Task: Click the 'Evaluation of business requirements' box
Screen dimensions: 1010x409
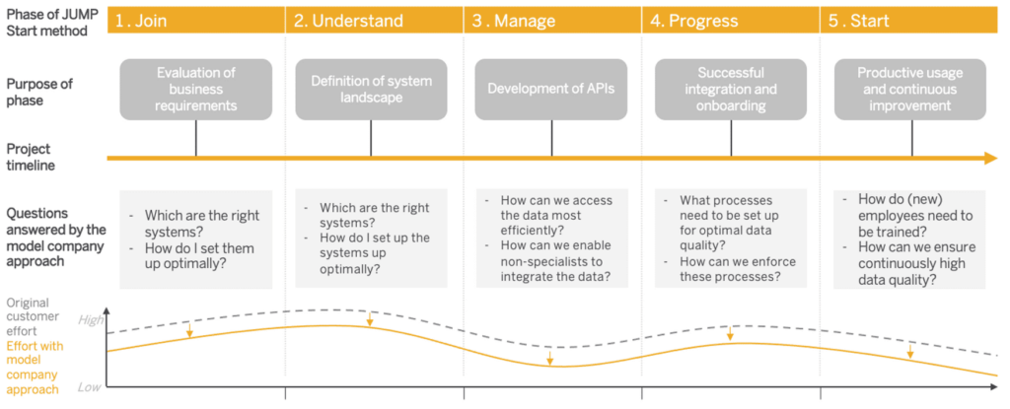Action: coord(196,90)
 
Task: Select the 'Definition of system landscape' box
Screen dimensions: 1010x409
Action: coord(371,90)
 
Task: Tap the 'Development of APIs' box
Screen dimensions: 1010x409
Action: coord(550,90)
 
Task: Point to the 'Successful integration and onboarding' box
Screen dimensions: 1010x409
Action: coord(731,90)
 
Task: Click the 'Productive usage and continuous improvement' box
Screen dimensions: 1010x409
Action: coord(910,90)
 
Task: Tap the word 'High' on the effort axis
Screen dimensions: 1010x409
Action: coord(91,319)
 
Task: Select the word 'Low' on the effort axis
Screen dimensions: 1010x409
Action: coord(90,387)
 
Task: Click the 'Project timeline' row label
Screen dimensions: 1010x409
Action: coord(31,157)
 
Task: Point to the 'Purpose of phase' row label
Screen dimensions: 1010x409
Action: coord(39,91)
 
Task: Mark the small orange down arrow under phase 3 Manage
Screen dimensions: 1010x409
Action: coord(549,358)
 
